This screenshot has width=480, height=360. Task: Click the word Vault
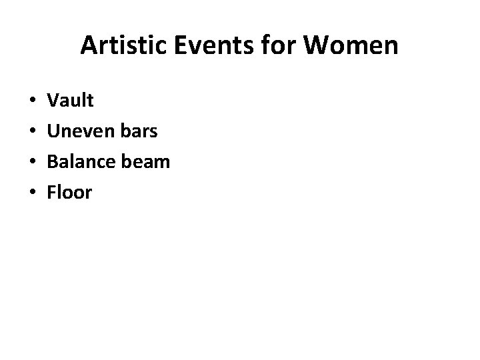[71, 101]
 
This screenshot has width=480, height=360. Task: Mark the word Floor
[70, 193]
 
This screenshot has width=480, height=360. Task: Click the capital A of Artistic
[88, 46]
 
